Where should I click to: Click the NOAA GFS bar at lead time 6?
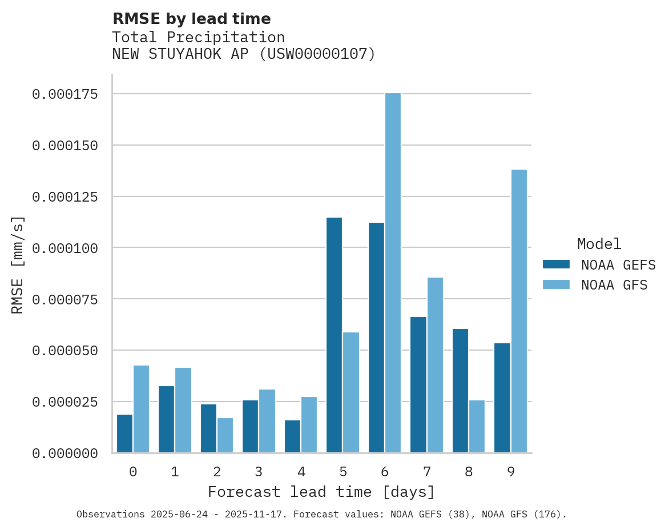393,273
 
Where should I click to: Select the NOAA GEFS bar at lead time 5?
334,335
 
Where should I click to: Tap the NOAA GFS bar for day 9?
519,311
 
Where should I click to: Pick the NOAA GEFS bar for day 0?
124,433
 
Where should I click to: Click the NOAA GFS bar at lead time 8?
477,427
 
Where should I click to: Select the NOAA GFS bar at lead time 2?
225,435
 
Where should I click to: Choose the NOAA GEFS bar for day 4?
292,436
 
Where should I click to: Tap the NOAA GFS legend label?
614,284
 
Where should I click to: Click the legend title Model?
599,244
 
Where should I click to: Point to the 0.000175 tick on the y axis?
65,94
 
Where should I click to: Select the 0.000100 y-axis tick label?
65,248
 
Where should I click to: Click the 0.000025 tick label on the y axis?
65,402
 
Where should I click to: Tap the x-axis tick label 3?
259,472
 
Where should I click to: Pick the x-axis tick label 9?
511,472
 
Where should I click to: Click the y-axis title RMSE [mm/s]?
18,264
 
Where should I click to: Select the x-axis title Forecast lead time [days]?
321,492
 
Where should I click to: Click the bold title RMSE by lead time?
191,19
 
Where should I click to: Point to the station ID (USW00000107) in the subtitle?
317,54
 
